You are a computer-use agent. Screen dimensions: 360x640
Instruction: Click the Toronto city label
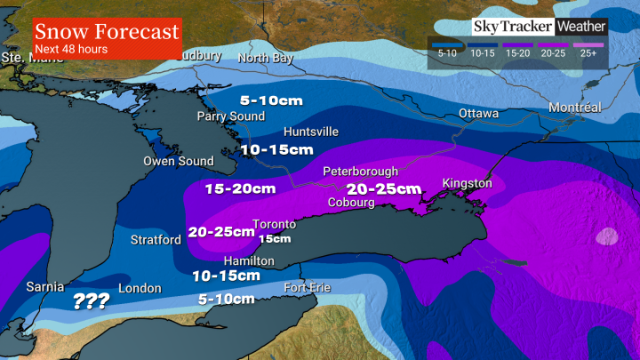click(x=274, y=223)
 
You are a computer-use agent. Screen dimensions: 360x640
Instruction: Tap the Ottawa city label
click(x=479, y=114)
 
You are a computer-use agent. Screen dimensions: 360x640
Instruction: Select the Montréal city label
click(x=575, y=108)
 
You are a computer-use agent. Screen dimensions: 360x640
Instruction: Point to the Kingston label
click(x=468, y=183)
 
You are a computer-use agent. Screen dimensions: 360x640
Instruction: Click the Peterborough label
click(x=360, y=171)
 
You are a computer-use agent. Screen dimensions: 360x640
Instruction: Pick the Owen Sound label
click(x=179, y=161)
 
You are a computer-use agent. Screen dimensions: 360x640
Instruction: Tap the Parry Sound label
click(x=231, y=116)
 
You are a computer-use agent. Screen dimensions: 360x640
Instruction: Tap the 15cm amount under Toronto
click(x=275, y=238)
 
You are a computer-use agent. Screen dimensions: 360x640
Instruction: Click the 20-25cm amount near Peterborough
click(x=384, y=188)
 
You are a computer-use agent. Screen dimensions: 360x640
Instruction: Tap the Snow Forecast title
click(x=107, y=32)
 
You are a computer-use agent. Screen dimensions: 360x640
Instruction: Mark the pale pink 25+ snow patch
click(x=608, y=236)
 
